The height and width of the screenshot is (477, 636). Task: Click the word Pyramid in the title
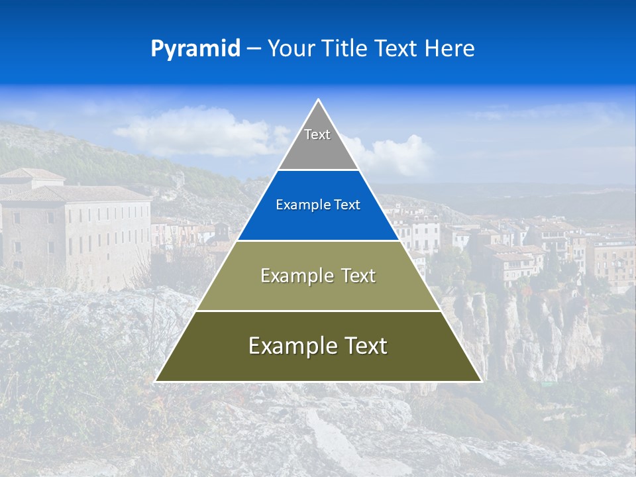[195, 49]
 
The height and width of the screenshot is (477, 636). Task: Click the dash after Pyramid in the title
[253, 49]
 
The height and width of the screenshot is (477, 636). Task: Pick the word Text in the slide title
[397, 48]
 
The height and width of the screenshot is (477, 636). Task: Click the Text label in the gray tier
[317, 134]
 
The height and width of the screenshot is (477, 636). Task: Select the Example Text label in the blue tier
[318, 205]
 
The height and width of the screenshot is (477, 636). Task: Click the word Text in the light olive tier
[358, 276]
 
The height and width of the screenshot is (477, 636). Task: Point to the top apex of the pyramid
[318, 100]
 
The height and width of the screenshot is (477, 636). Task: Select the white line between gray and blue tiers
[318, 170]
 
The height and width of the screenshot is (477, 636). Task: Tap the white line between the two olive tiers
[318, 311]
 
